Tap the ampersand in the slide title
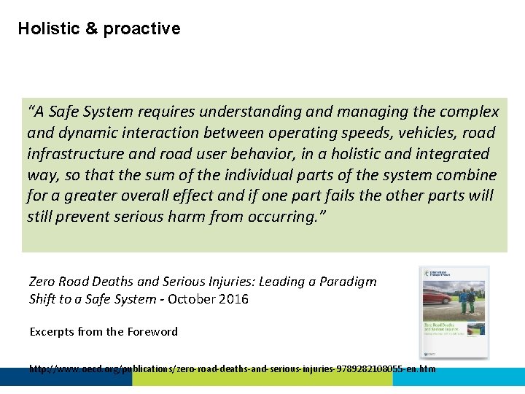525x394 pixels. pyautogui.click(x=91, y=28)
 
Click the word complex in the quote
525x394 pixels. pyautogui.click(x=470, y=112)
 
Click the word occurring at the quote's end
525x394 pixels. pyautogui.click(x=280, y=217)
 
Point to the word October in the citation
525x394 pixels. pyautogui.click(x=191, y=298)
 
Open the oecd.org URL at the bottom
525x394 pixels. pyautogui.click(x=232, y=368)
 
